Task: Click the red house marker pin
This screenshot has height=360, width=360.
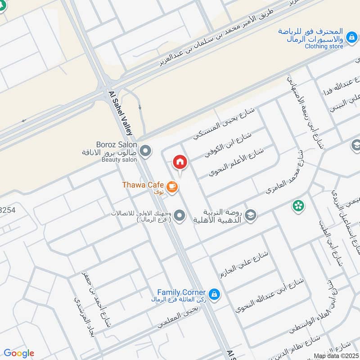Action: click(180, 162)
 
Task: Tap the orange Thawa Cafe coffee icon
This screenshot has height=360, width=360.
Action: click(171, 185)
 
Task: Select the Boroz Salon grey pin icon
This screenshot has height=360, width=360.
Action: click(145, 151)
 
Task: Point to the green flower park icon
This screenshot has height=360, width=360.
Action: click(298, 206)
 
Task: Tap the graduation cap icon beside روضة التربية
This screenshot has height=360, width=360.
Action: click(251, 215)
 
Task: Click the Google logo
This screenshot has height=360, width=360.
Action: click(18, 353)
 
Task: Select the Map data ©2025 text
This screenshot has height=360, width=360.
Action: click(336, 355)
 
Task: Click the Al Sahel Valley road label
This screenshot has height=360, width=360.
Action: click(121, 113)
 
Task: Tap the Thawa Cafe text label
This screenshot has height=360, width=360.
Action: click(142, 184)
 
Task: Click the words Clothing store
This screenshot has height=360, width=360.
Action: click(324, 46)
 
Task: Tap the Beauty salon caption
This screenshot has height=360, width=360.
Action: click(119, 160)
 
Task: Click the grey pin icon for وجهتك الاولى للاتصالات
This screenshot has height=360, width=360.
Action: click(180, 216)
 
